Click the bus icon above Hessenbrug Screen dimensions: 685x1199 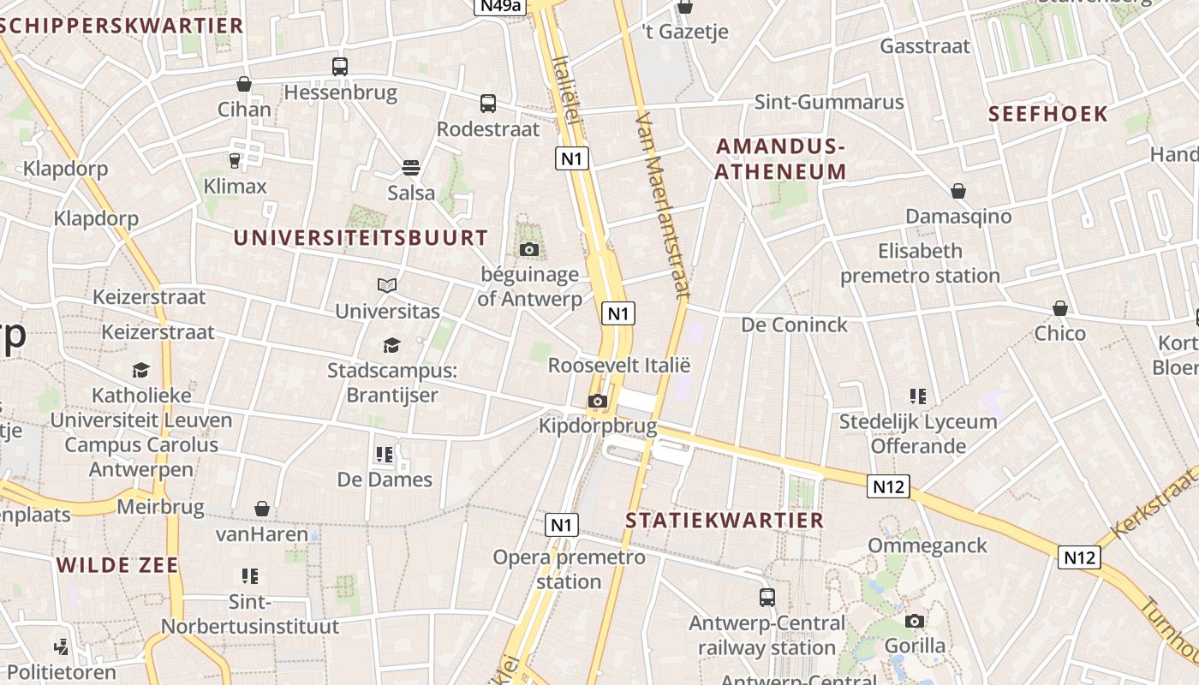pyautogui.click(x=340, y=66)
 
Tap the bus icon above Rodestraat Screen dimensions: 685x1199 pyautogui.click(x=488, y=104)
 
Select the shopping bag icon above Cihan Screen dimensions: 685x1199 pyautogui.click(x=244, y=84)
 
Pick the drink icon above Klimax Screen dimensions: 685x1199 pyautogui.click(x=235, y=160)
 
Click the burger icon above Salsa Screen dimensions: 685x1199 pyautogui.click(x=411, y=167)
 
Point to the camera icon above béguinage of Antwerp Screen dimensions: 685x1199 pyautogui.click(x=529, y=249)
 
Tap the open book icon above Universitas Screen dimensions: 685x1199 pyautogui.click(x=387, y=285)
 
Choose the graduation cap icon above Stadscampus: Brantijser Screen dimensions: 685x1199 pyautogui.click(x=391, y=345)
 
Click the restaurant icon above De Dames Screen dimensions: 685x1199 pyautogui.click(x=385, y=454)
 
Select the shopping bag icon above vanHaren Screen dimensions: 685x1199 pyautogui.click(x=262, y=509)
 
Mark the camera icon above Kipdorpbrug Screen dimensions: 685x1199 pyautogui.click(x=598, y=401)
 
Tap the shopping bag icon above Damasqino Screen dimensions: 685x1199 pyautogui.click(x=958, y=190)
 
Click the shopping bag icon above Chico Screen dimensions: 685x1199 pyautogui.click(x=1060, y=307)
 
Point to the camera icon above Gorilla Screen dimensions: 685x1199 pyautogui.click(x=915, y=621)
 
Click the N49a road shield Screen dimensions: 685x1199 pyautogui.click(x=499, y=7)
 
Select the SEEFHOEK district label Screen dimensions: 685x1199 pyautogui.click(x=1048, y=114)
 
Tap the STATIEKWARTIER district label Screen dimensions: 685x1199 pyautogui.click(x=725, y=520)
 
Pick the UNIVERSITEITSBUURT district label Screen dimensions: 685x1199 pyautogui.click(x=361, y=238)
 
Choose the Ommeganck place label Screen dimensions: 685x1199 pyautogui.click(x=928, y=545)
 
